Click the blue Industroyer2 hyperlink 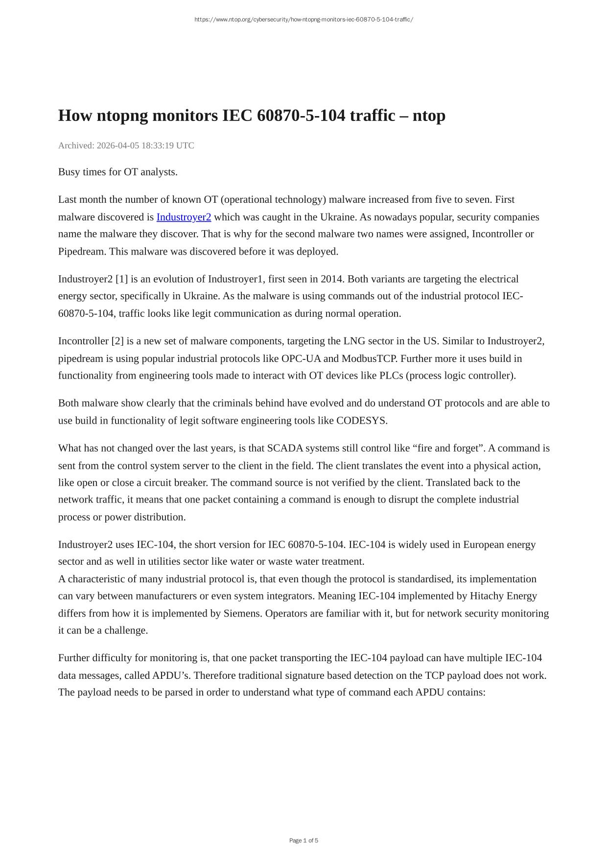coord(184,217)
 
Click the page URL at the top coord(304,20)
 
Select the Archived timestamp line coord(126,145)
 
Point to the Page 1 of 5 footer coord(304,840)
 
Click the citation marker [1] coord(121,279)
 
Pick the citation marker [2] coord(117,341)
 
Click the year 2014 coord(332,279)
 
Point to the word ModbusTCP coord(369,358)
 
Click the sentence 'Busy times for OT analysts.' coord(118,172)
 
